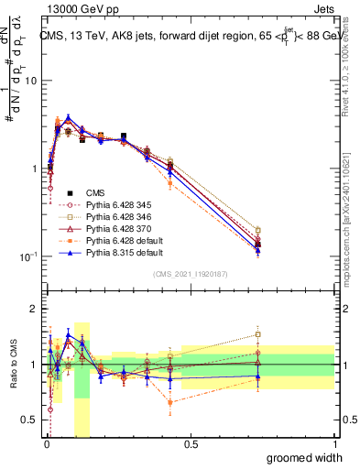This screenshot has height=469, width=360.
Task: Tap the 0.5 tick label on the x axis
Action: click(190, 444)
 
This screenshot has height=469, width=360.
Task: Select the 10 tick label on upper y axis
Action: click(29, 81)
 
